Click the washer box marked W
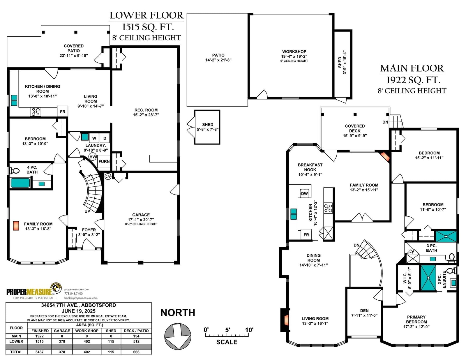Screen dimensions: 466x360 click(x=94, y=138)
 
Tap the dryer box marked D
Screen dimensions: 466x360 click(x=105, y=138)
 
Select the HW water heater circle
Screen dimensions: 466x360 click(x=93, y=157)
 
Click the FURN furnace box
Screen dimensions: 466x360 click(x=104, y=161)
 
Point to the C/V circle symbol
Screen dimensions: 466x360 click(x=108, y=177)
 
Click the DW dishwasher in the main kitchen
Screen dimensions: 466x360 click(x=304, y=193)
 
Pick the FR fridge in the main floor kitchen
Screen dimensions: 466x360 click(x=306, y=235)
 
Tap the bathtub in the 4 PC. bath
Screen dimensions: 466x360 click(x=20, y=183)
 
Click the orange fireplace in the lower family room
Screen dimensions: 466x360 click(x=16, y=226)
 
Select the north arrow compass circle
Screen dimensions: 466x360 click(x=178, y=336)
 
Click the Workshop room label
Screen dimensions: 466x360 click(x=294, y=52)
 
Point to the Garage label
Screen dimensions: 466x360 click(x=141, y=215)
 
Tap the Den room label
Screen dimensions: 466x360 click(x=364, y=310)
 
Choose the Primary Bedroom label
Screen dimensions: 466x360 click(x=416, y=319)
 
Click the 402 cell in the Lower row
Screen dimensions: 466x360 click(x=87, y=341)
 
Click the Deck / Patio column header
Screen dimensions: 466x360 click(x=136, y=331)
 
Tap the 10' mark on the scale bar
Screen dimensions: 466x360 click(x=249, y=330)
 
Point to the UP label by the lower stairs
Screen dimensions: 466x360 click(x=87, y=211)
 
